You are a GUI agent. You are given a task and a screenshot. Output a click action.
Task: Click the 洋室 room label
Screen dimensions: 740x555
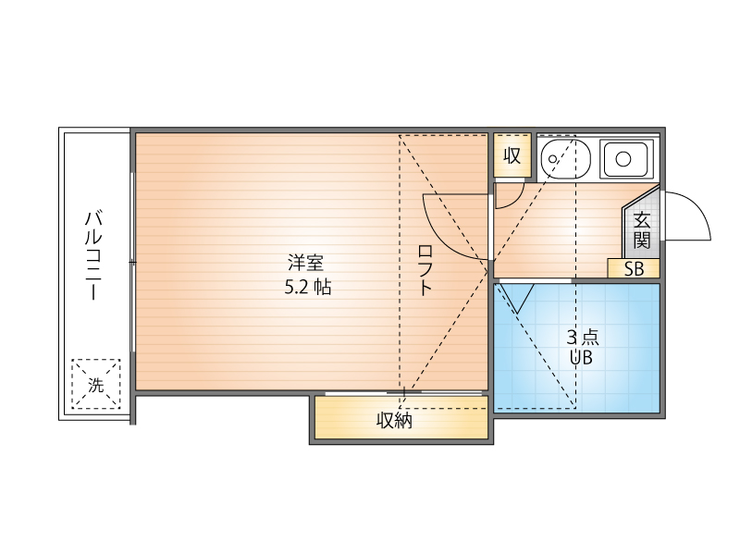(306, 263)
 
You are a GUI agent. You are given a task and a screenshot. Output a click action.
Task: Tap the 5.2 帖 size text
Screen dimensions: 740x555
(308, 287)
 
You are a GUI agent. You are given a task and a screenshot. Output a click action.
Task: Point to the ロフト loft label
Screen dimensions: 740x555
(425, 270)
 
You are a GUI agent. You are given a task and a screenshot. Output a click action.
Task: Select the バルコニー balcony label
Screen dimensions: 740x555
(94, 255)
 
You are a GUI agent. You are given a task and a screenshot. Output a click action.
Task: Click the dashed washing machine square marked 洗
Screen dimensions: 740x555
(96, 384)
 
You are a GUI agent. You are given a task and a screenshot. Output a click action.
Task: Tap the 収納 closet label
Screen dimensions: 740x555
(394, 420)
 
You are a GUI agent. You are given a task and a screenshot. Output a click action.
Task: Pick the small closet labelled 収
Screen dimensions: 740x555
(512, 155)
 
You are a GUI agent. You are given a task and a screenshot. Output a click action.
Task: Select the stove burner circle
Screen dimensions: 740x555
(623, 159)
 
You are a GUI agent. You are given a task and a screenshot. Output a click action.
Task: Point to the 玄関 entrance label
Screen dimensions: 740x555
(642, 230)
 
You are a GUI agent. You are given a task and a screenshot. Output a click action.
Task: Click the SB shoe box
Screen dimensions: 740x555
(634, 268)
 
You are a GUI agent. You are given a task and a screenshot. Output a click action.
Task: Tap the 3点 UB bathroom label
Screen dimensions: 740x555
(582, 348)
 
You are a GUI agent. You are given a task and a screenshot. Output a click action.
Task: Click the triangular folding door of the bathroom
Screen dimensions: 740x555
(517, 297)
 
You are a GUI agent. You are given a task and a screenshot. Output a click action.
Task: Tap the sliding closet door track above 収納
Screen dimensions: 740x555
(404, 392)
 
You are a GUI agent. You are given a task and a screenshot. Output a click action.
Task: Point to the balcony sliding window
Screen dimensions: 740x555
(132, 262)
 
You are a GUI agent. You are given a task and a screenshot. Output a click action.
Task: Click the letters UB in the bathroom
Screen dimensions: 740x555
(581, 358)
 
